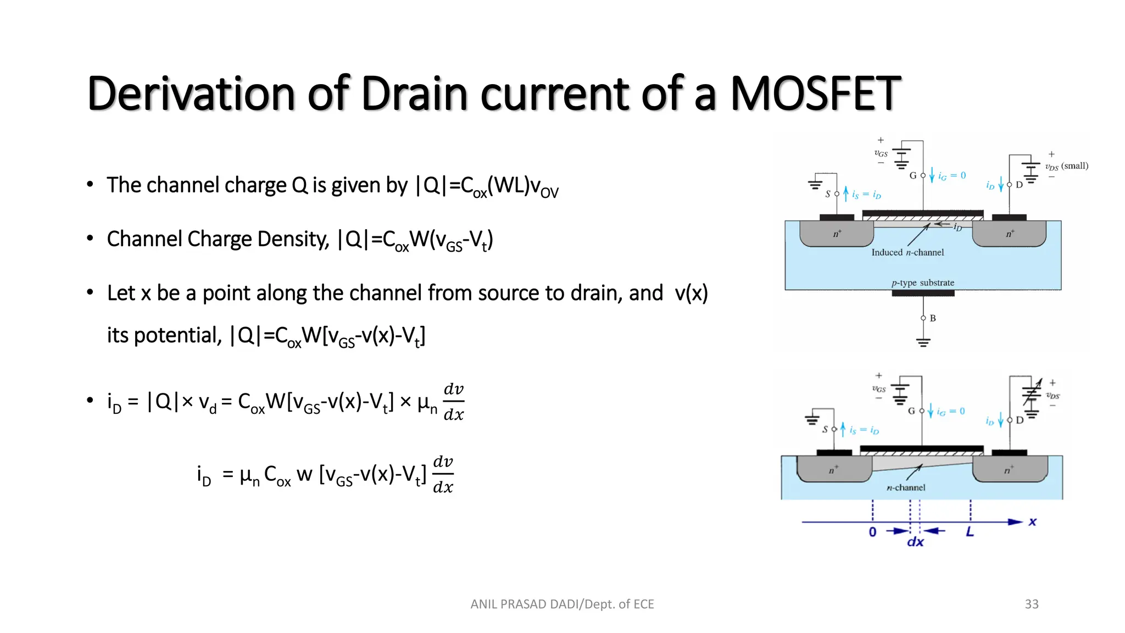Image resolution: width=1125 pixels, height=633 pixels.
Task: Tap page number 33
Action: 1032,604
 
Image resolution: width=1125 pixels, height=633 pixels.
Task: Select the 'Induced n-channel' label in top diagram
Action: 907,252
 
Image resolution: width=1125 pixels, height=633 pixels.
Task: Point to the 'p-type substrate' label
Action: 923,282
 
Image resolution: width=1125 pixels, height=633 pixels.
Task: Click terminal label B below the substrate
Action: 933,318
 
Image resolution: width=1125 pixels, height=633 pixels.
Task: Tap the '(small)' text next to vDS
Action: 1075,165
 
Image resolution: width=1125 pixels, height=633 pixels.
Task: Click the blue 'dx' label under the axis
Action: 915,542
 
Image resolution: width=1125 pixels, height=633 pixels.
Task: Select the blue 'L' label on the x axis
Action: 970,531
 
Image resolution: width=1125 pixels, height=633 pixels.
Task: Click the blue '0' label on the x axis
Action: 873,532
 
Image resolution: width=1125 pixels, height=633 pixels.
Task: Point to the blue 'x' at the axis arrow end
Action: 1033,521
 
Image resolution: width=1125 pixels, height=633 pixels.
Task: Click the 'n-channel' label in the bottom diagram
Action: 906,487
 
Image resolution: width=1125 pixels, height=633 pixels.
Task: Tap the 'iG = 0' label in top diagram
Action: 952,176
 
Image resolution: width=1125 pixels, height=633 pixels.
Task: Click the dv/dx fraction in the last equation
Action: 443,475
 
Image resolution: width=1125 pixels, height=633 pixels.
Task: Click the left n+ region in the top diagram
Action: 837,234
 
